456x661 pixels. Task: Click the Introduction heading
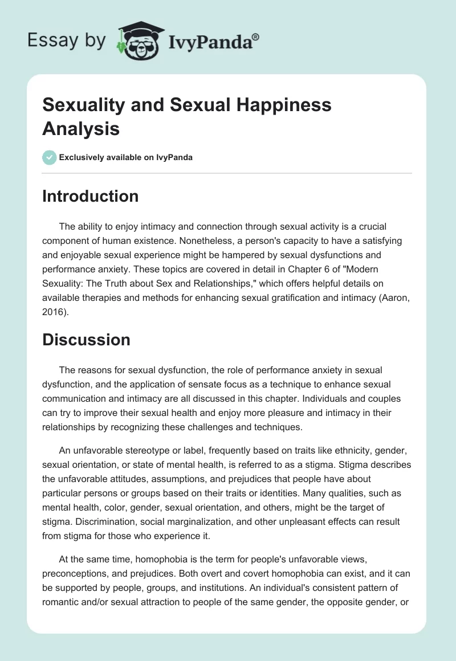pos(90,196)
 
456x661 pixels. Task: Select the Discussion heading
pos(86,340)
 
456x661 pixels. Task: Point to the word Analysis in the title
pos(81,128)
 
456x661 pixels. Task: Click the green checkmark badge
pos(50,158)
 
